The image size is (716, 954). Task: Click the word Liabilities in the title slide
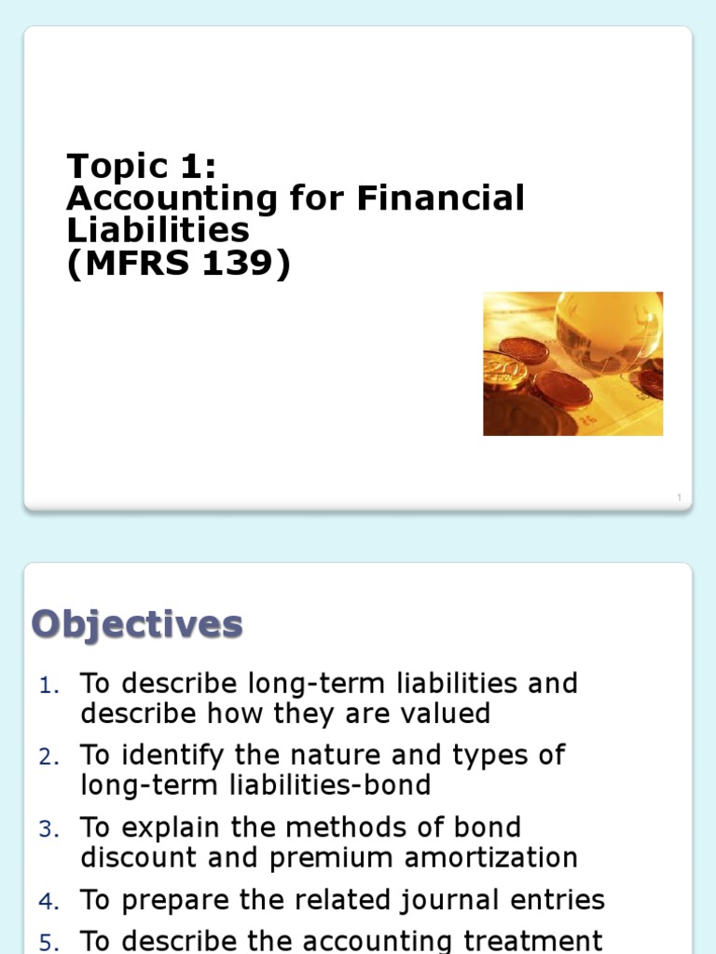pyautogui.click(x=158, y=230)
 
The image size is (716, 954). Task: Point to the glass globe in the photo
pyautogui.click(x=607, y=330)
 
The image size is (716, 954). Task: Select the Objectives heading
pyautogui.click(x=137, y=624)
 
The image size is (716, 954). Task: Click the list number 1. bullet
pyautogui.click(x=49, y=686)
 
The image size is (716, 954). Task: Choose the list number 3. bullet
pyautogui.click(x=49, y=829)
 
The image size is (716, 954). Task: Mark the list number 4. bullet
pyautogui.click(x=49, y=902)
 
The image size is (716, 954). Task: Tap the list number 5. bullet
pyautogui.click(x=49, y=941)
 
